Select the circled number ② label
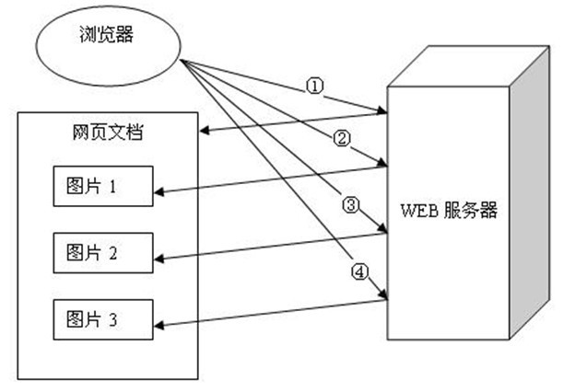coord(342,139)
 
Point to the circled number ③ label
coord(348,205)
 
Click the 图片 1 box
coord(98,187)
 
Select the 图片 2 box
coord(98,252)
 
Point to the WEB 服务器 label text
coord(449,211)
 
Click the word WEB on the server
coord(415,211)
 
